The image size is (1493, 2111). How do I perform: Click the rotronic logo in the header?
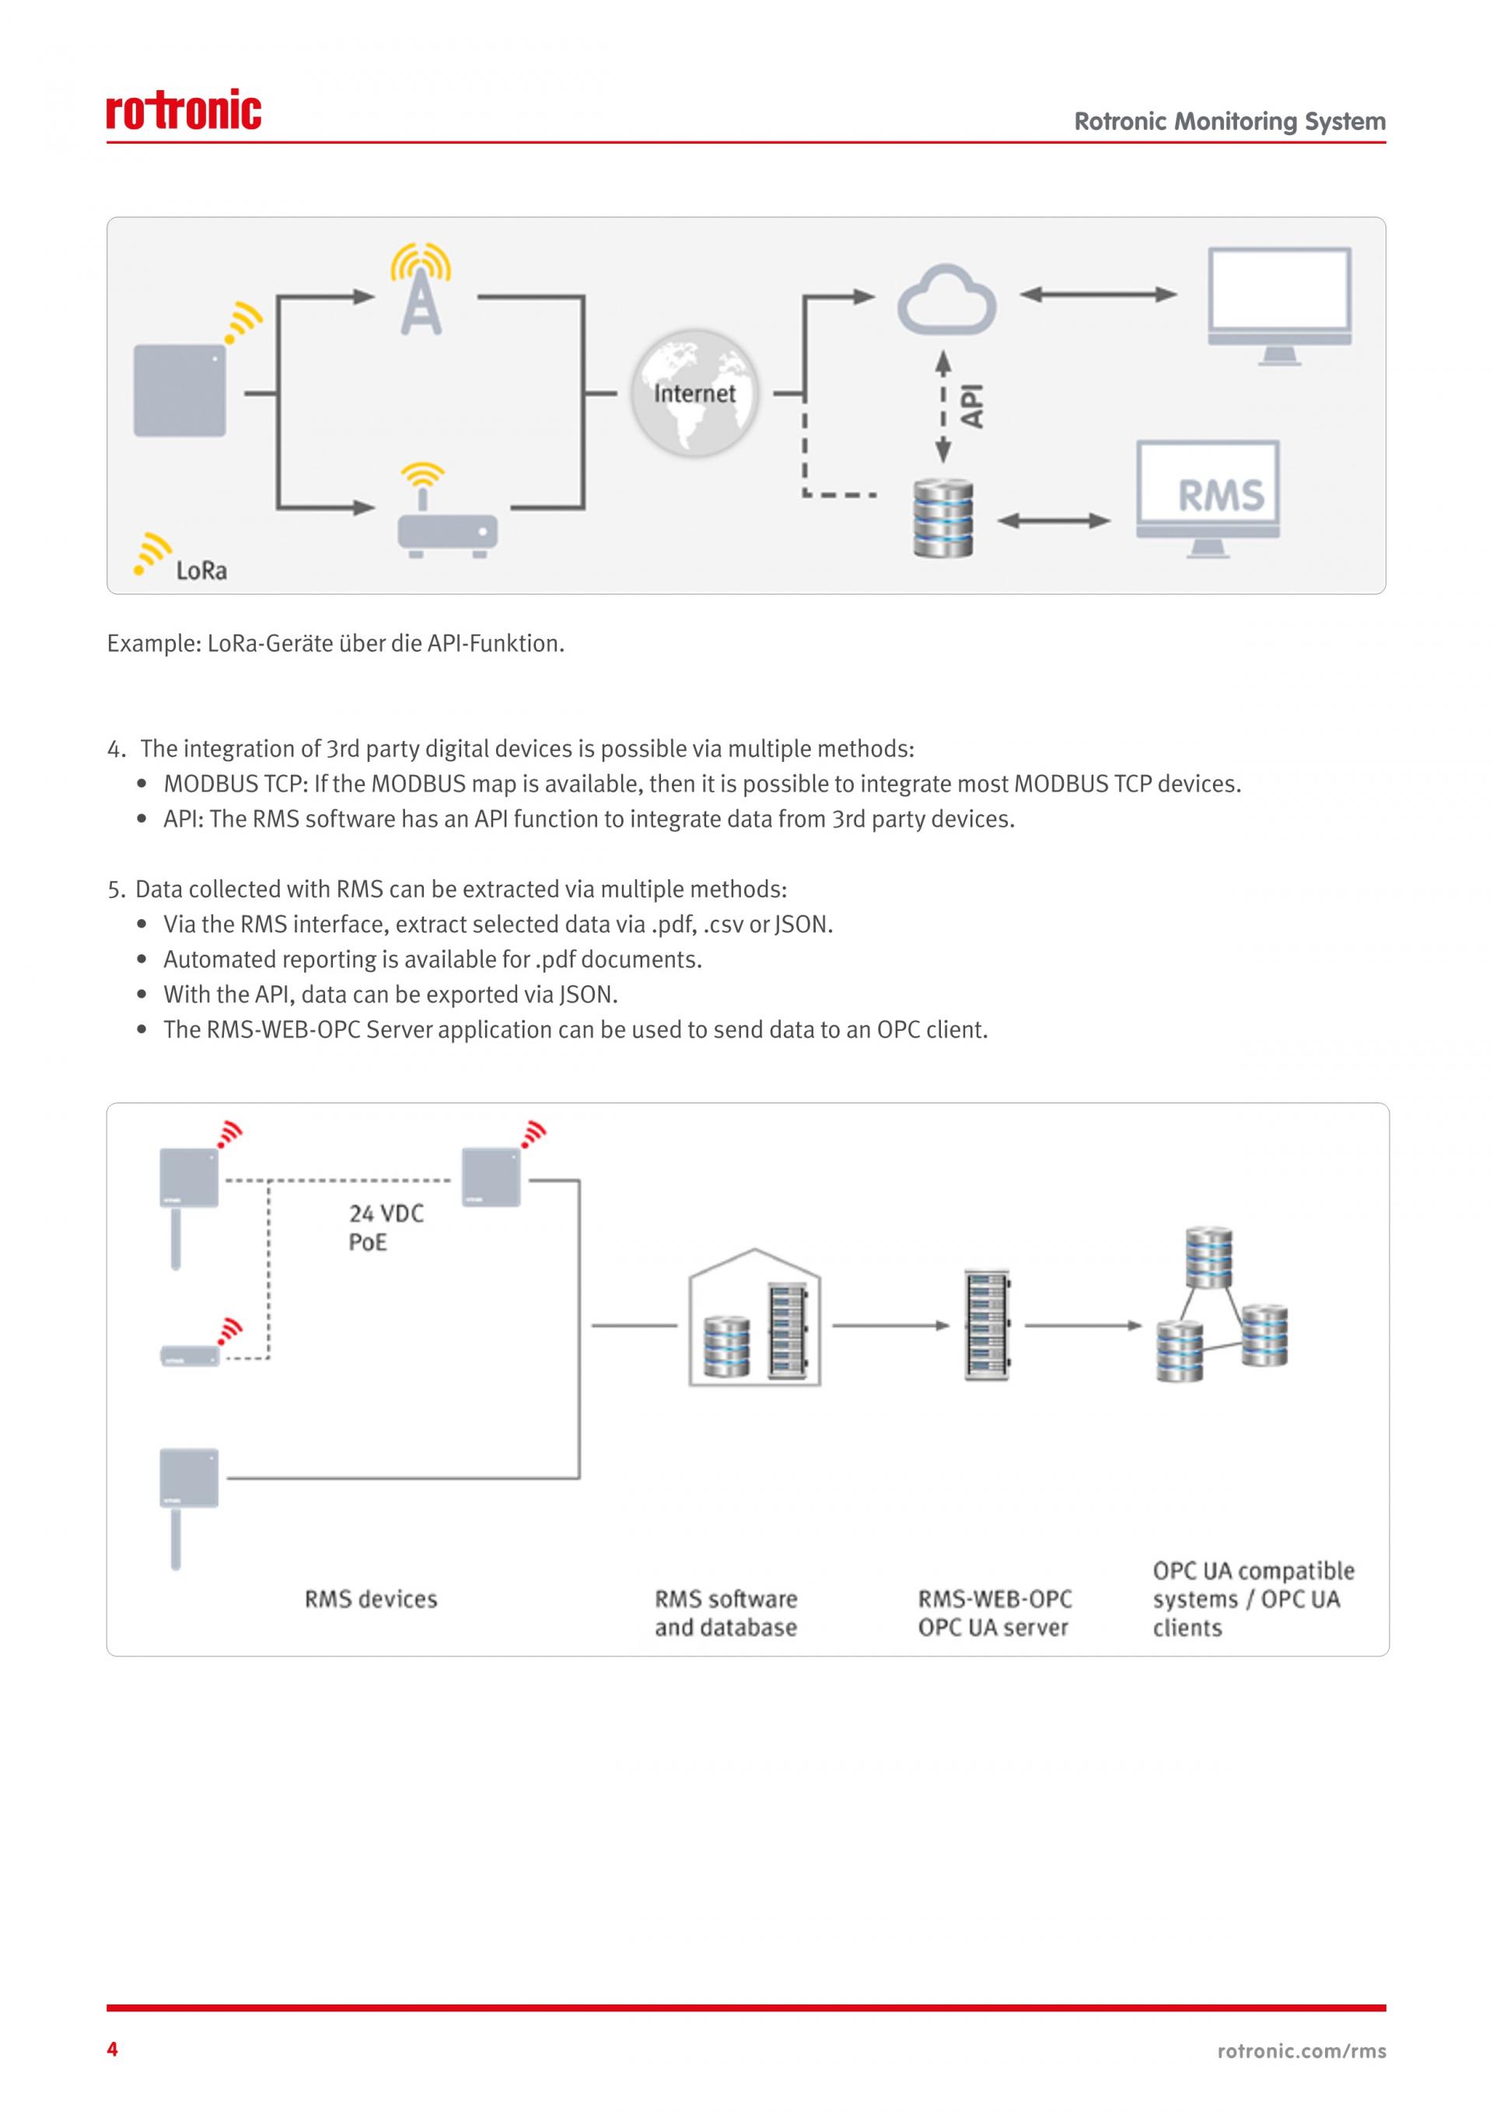coord(184,110)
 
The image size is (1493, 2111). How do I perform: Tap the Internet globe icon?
coord(694,393)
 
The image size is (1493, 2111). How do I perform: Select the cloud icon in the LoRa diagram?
coord(947,301)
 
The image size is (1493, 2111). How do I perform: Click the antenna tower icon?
coord(421,289)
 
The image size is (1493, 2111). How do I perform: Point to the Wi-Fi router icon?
coord(447,515)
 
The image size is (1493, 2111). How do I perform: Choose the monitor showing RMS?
coord(1207,499)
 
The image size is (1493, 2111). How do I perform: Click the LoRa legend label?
coord(201,571)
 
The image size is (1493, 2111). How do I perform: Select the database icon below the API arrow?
coord(943,518)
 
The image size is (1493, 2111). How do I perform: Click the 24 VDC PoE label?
coord(386,1228)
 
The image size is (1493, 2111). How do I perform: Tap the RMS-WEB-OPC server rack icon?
coord(988,1325)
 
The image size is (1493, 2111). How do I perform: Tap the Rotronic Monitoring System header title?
coord(1229,121)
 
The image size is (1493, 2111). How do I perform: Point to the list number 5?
coord(115,890)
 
